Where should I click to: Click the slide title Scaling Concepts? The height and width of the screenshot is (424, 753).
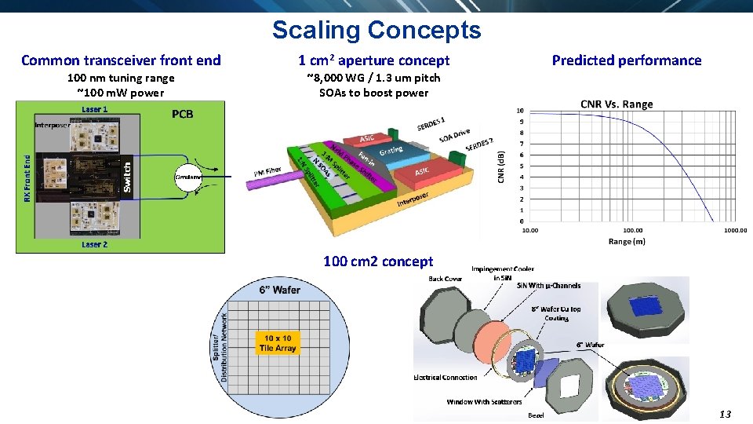pos(376,30)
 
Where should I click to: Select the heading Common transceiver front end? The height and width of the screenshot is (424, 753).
pos(121,60)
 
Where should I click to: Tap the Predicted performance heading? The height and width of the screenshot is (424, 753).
pos(626,60)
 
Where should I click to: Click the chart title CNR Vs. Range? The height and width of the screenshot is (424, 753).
pos(616,104)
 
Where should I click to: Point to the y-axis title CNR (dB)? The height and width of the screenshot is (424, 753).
pos(502,168)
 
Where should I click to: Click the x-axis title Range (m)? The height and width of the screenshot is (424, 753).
pos(627,241)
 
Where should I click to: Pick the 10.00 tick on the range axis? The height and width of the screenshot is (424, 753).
pos(530,230)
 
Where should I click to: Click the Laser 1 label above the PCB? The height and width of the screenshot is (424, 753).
pos(95,109)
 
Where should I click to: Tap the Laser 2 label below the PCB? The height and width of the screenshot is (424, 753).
pos(94,245)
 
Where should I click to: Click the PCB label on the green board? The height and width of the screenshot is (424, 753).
pos(182,115)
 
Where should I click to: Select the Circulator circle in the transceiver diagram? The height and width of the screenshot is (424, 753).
pos(188,178)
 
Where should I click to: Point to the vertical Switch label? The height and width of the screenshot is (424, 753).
pos(128,177)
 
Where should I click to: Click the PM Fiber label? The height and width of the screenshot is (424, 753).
pos(267,170)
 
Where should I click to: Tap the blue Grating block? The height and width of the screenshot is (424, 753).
pos(391,149)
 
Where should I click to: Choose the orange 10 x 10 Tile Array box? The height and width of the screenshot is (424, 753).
pos(277,343)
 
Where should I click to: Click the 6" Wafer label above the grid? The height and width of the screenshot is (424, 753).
pos(279,290)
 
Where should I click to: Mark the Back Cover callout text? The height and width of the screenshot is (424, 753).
pos(445,279)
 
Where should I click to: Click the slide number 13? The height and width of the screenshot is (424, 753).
pos(725,414)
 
